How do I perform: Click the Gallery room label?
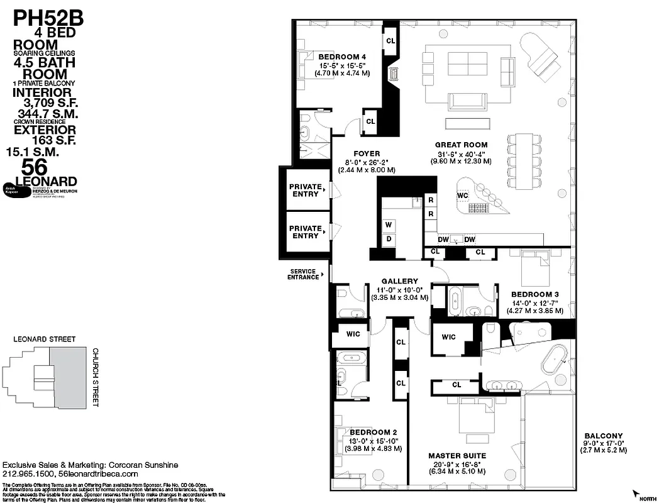coord(399,281)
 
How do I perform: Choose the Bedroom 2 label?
coord(374,432)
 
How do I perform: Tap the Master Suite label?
coord(457,455)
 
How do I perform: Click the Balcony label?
coord(603,436)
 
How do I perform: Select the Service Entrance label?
coord(304,274)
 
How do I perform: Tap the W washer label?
coord(389,224)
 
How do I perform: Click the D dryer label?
coord(389,239)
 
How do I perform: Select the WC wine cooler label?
coord(463,195)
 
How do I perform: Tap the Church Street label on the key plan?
coord(96,377)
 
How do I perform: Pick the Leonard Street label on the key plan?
coord(45,340)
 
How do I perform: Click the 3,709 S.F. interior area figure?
coord(48,103)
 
